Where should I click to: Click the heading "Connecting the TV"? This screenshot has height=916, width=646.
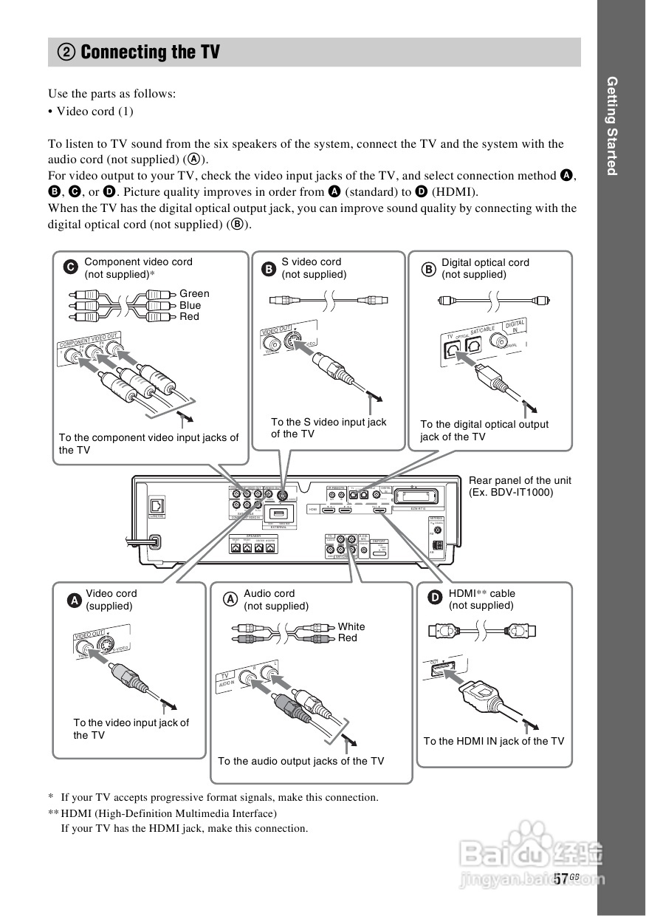click(150, 52)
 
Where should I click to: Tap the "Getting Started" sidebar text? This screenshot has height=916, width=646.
click(611, 126)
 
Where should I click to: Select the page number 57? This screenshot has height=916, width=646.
click(561, 878)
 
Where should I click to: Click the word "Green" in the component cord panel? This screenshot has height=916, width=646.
click(194, 293)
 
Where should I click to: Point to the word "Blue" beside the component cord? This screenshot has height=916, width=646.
click(190, 305)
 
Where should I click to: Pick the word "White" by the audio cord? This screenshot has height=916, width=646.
click(351, 626)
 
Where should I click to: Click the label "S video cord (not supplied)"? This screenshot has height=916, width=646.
click(314, 267)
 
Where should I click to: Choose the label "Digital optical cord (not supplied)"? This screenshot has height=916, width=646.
click(485, 267)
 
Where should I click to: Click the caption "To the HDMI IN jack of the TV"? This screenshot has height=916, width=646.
click(493, 741)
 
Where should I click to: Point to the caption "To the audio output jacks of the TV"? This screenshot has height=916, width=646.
click(300, 761)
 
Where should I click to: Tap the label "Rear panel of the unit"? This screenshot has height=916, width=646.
click(520, 480)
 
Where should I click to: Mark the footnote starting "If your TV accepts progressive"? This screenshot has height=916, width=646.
click(219, 797)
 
